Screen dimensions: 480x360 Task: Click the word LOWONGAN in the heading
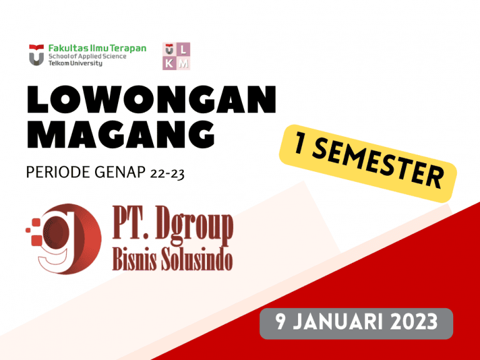tap(151, 99)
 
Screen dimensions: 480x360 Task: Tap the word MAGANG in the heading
tap(121, 134)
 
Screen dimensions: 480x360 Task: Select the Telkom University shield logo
tap(36, 55)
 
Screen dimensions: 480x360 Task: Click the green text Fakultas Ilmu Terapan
tap(97, 48)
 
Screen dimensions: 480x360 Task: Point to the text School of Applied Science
tap(87, 56)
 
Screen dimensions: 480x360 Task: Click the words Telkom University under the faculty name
tap(75, 63)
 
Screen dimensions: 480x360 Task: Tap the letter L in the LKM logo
tap(183, 49)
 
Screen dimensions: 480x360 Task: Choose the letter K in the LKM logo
tap(169, 63)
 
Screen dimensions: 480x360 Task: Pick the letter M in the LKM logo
tap(183, 63)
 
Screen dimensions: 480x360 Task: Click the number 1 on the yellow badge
tap(299, 144)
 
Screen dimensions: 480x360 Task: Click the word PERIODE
tap(58, 172)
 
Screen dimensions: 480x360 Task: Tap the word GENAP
tap(120, 172)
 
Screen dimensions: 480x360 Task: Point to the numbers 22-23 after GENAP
tap(167, 174)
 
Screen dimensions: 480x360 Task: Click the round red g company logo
tap(64, 239)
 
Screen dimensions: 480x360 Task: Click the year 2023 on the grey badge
tap(414, 321)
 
